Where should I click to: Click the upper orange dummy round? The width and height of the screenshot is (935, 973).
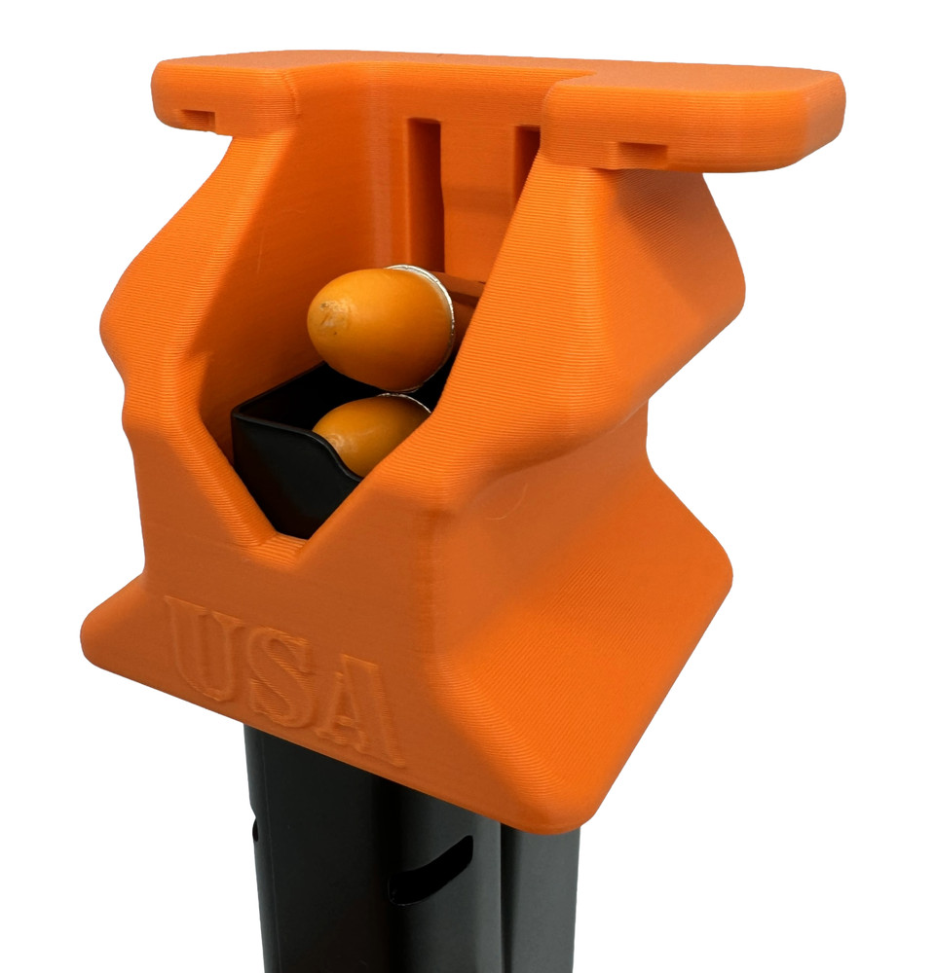pos(381,328)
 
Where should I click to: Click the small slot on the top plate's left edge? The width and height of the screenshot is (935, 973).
pos(197,118)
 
